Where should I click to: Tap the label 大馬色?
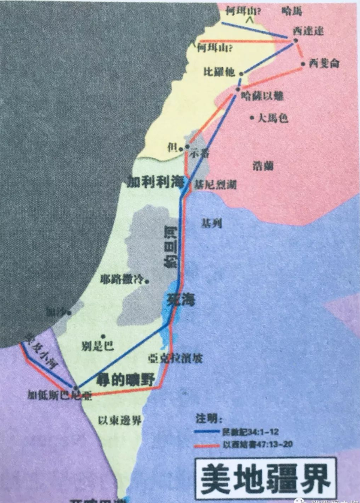point(273,118)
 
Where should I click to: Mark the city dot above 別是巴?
point(104,336)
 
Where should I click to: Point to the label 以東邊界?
point(121,420)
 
